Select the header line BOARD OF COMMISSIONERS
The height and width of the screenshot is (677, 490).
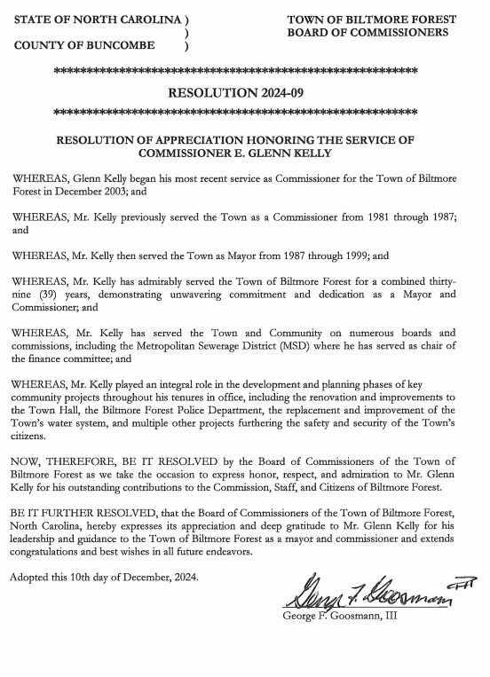pyautogui.click(x=367, y=33)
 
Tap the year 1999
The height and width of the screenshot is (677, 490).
pyautogui.click(x=357, y=256)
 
